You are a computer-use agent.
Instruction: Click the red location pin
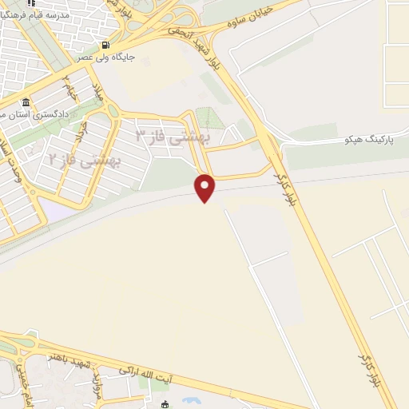tap(205, 187)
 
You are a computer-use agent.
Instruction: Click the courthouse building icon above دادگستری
tap(26, 104)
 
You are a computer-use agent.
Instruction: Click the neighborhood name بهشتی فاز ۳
tap(171, 135)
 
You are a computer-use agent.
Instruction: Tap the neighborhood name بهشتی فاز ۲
tap(85, 160)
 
